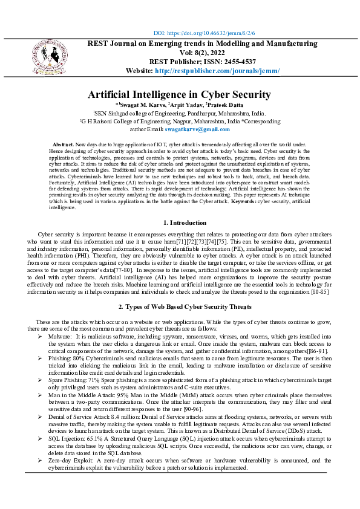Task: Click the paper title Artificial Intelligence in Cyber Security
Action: coord(179,94)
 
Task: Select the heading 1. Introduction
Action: coord(179,224)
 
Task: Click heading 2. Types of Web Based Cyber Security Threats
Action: coord(179,308)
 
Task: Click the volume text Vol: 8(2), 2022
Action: coord(203,53)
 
